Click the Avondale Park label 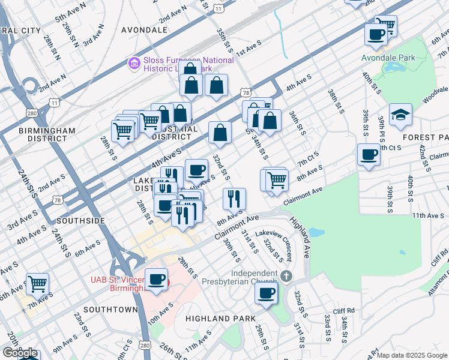389,58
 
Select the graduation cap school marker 400,115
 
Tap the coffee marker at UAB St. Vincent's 157,279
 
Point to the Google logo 19,353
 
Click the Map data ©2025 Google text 412,355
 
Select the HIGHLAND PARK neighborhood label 220,318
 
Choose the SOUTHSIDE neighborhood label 86,221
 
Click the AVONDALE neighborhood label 144,29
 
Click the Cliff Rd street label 346,311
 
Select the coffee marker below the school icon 369,155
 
